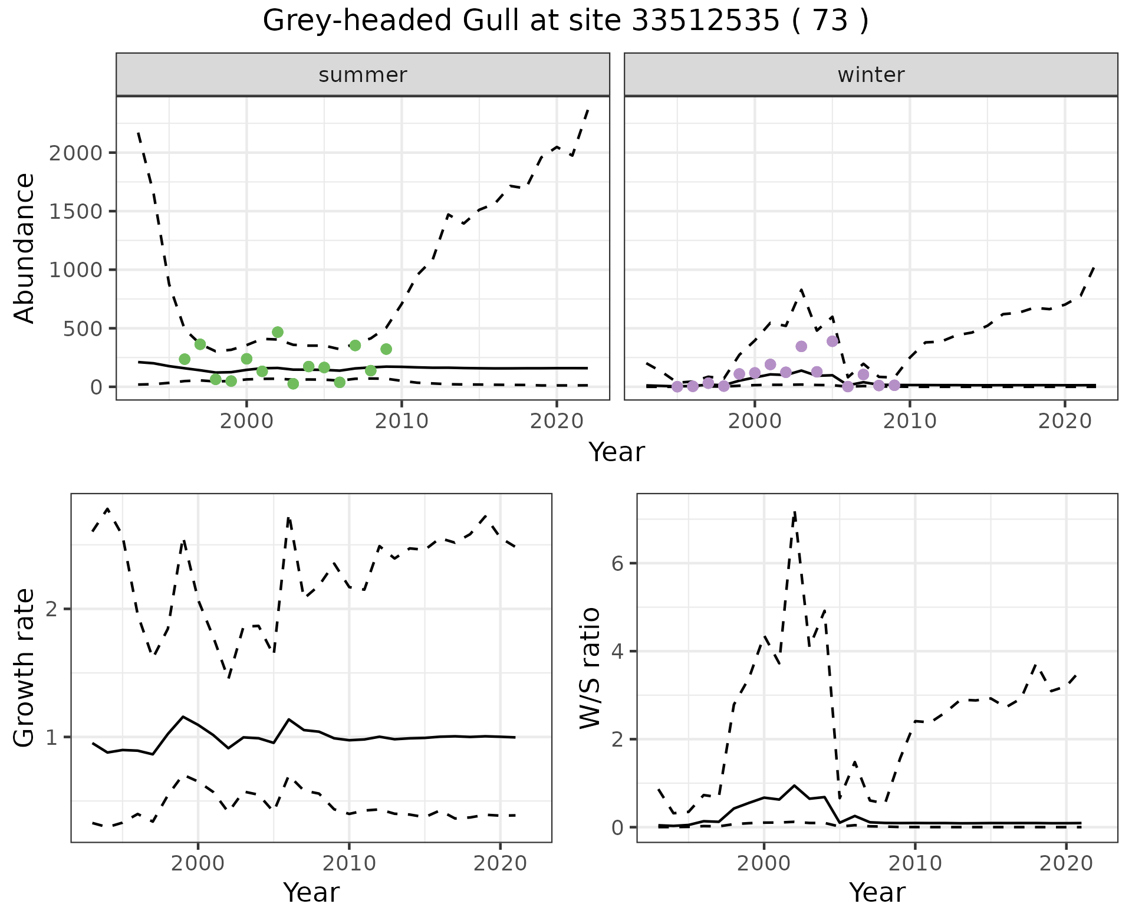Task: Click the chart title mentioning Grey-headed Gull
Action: click(x=565, y=21)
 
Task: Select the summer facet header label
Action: click(x=363, y=75)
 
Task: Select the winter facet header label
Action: click(x=871, y=75)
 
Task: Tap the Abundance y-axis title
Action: click(x=25, y=248)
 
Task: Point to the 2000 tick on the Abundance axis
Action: click(x=76, y=153)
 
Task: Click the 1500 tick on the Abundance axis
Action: click(x=76, y=212)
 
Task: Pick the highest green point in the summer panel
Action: click(x=278, y=332)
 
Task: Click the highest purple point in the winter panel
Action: click(x=832, y=341)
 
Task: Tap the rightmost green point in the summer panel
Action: click(x=386, y=349)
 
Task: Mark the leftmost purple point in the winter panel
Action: click(x=677, y=386)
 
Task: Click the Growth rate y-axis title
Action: click(x=25, y=668)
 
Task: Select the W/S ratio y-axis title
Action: click(x=590, y=668)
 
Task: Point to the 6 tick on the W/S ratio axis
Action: click(x=617, y=564)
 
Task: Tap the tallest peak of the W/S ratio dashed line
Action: click(x=795, y=512)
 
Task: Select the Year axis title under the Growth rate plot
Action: click(x=311, y=893)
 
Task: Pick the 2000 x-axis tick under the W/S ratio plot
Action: click(x=764, y=864)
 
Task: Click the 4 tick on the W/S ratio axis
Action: click(x=617, y=652)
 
